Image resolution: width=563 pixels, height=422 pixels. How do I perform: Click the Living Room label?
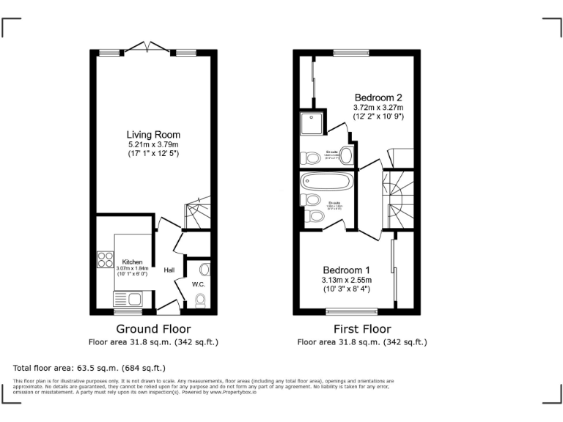153,135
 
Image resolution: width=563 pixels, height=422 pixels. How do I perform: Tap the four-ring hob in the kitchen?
105,259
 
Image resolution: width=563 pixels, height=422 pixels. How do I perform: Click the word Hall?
169,270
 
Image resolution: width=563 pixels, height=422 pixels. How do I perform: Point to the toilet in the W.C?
201,299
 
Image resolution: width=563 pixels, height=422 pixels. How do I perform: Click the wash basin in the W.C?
204,270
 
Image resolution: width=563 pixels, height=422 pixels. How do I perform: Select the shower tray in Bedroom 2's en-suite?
312,123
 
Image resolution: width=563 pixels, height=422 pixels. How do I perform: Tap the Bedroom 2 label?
378,97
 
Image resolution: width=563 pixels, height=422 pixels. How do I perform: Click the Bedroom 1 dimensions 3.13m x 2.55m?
347,280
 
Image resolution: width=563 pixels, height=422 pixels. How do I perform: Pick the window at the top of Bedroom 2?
351,52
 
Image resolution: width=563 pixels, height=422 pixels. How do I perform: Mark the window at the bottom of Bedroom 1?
352,311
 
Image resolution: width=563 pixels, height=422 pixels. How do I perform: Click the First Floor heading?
362,329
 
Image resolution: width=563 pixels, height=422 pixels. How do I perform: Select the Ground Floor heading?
153,329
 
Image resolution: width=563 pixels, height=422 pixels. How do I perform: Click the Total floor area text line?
89,367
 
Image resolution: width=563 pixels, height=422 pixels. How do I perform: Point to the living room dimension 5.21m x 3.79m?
153,145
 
